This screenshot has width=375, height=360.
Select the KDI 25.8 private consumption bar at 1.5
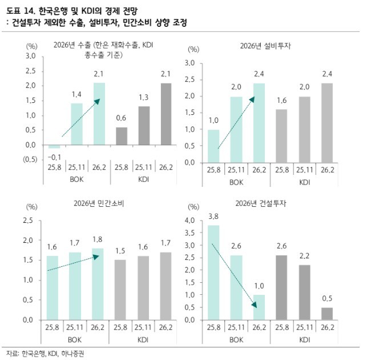tap(120, 290)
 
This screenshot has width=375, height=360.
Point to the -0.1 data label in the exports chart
tap(55, 157)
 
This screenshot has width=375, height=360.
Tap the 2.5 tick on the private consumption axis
tap(28, 221)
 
